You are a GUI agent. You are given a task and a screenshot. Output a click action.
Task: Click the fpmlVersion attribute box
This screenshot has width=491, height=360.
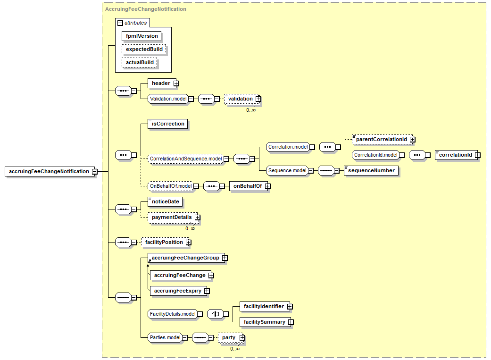tap(141, 36)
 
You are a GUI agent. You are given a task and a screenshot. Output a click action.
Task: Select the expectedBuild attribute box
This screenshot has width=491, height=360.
tap(144, 49)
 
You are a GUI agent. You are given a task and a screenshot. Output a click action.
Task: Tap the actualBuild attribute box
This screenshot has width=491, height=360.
tap(139, 62)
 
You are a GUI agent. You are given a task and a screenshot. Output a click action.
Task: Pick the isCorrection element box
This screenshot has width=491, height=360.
tap(168, 124)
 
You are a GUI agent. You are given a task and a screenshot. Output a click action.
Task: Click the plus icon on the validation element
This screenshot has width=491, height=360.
tap(258, 99)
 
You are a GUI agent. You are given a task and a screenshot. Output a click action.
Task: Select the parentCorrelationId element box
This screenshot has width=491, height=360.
tap(382, 140)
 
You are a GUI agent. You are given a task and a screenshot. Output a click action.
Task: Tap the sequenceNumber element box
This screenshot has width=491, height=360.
tap(371, 170)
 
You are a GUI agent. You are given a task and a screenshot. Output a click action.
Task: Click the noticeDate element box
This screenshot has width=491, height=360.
tap(165, 201)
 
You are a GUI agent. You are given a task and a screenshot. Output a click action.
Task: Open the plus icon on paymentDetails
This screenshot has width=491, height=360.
tap(197, 218)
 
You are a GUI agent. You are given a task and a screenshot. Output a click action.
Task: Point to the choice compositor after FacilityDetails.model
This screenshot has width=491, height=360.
tap(216, 314)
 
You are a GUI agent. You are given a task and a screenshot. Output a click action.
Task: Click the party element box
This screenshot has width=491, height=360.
tap(230, 338)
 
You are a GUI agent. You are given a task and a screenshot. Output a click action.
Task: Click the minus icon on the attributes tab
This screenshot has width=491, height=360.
tap(120, 23)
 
